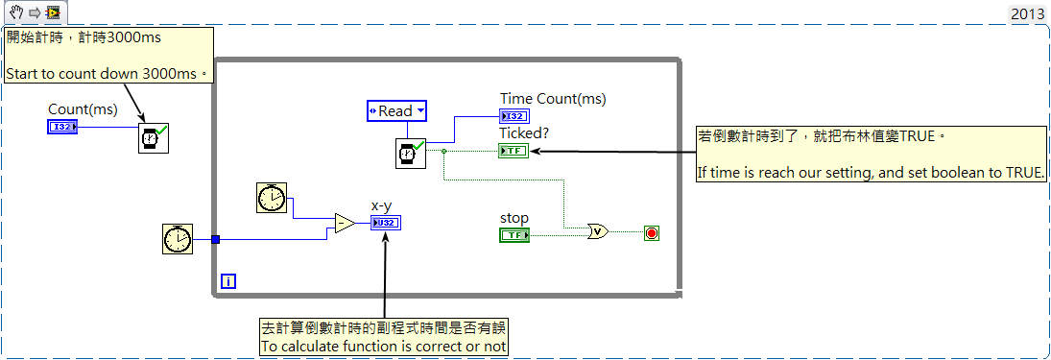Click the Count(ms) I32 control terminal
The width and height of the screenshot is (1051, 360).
coord(62,126)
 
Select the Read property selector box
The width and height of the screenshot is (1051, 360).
coord(396,110)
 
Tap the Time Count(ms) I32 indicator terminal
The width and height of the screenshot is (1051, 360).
coord(514,116)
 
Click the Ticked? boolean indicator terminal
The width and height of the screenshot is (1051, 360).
coord(514,151)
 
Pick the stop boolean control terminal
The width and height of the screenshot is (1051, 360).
coord(514,234)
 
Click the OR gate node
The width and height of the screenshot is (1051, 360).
coord(597,232)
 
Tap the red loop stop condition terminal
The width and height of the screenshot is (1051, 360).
coord(651,232)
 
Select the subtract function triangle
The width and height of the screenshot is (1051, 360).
coord(346,224)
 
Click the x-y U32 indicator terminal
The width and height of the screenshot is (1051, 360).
coord(387,223)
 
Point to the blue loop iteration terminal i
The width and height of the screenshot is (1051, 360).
coord(227,281)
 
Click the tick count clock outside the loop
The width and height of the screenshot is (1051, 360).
coord(178,239)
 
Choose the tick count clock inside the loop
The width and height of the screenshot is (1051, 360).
coord(273,197)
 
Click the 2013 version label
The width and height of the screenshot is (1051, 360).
coord(1028,14)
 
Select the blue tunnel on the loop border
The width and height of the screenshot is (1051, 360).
coord(215,239)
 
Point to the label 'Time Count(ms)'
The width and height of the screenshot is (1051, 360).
coord(553,99)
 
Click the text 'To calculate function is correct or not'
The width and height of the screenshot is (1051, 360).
coord(383,346)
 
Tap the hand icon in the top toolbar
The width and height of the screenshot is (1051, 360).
coord(16,12)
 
